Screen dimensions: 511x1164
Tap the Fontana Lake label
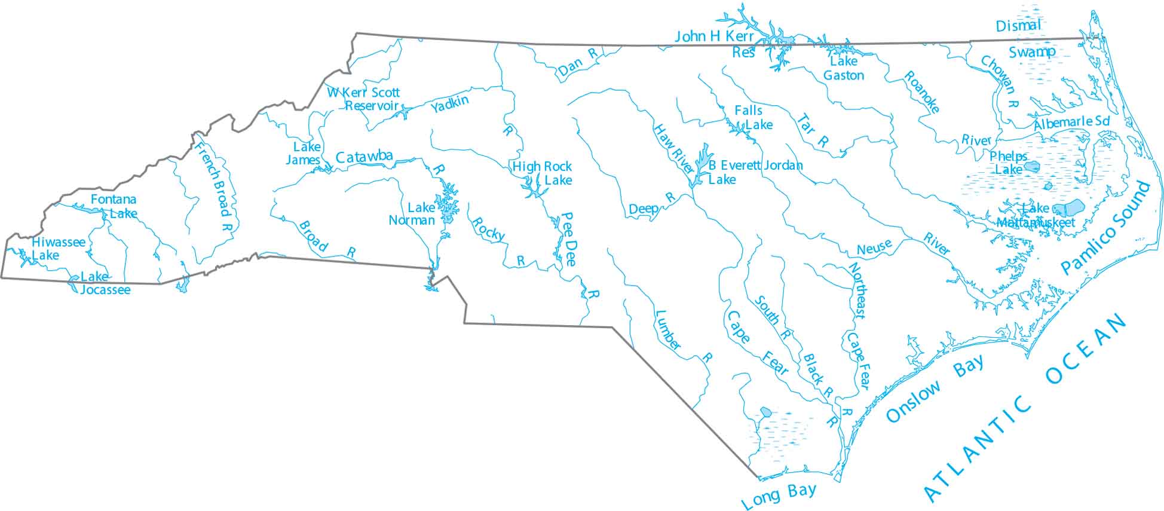114,206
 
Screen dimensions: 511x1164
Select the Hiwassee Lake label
58,249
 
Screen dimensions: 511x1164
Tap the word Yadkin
449,105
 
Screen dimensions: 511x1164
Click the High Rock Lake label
543,173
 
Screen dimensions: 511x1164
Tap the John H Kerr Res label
715,44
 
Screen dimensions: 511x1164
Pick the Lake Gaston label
843,68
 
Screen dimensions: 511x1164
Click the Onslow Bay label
935,389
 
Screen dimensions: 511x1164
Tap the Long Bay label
779,495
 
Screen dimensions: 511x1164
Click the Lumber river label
669,330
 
